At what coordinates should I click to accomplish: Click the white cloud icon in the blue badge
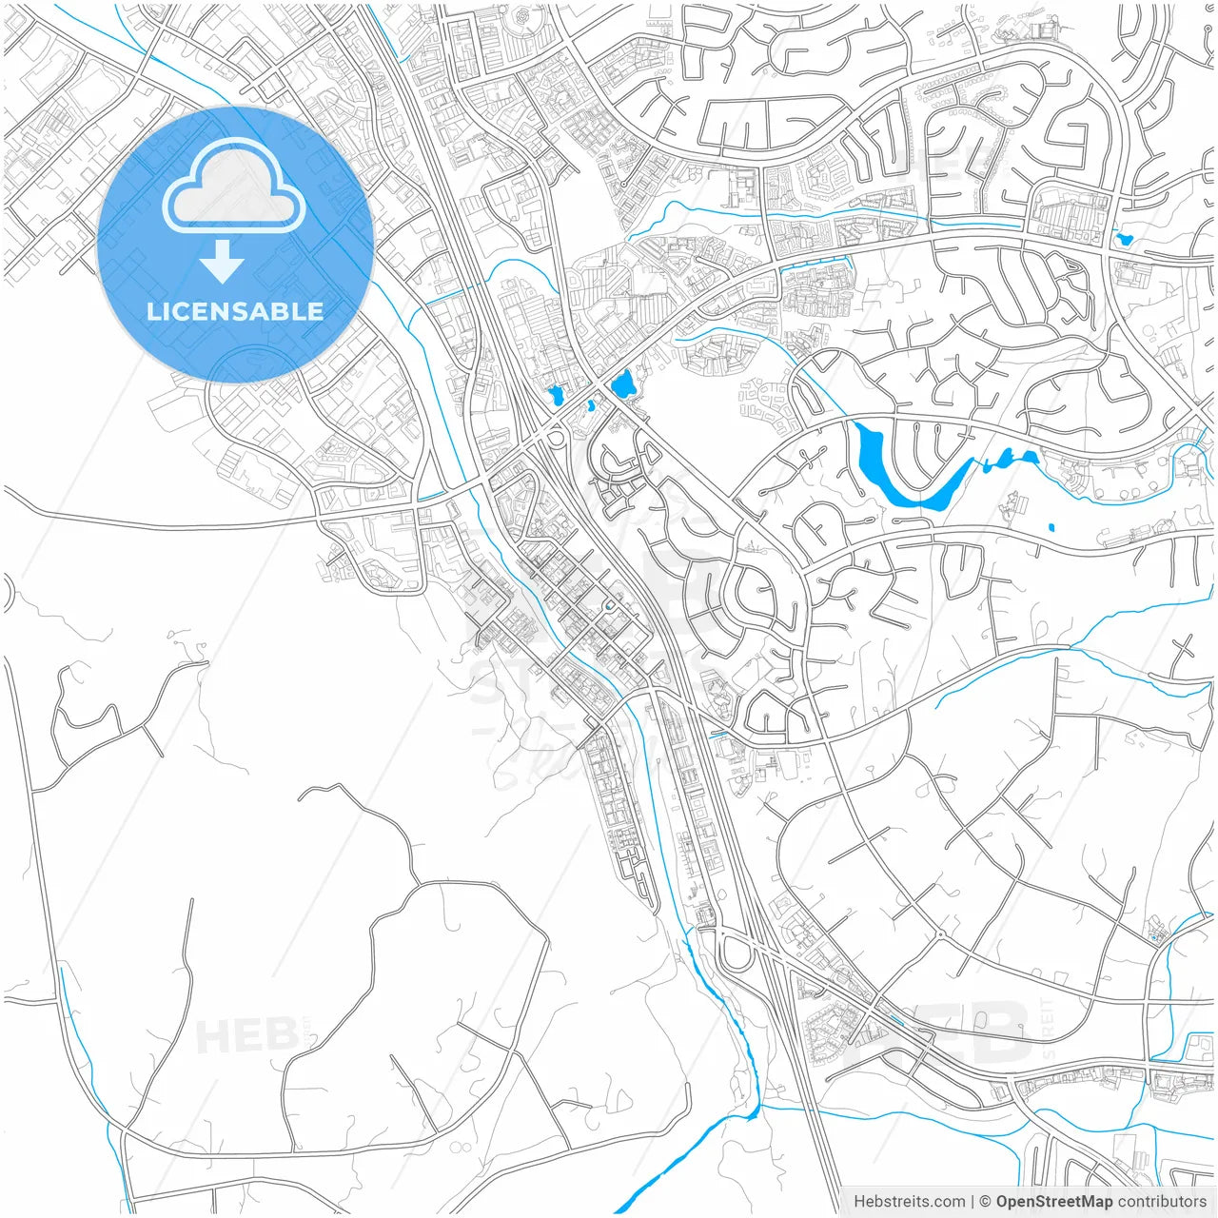tap(234, 187)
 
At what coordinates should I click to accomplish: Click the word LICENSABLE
tap(235, 311)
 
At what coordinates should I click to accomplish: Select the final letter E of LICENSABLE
tap(315, 311)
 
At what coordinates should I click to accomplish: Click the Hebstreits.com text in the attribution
tap(909, 1202)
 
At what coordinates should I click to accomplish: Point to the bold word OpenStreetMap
tap(1053, 1202)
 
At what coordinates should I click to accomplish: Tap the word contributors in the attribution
tap(1161, 1202)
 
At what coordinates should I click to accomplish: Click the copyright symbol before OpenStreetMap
tap(986, 1202)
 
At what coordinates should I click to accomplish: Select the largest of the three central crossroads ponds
tap(623, 385)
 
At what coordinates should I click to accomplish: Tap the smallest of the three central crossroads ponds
tap(592, 405)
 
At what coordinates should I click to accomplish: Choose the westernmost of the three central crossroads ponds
tap(555, 394)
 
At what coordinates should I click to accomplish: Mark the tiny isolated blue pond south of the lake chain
tap(1051, 526)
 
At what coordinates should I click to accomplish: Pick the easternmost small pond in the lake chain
tap(1031, 458)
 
